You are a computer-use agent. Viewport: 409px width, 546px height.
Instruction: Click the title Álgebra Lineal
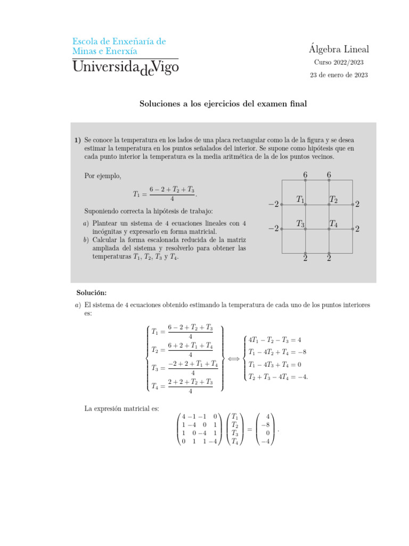[338, 50]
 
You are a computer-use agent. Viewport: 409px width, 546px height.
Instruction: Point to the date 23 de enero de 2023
[339, 75]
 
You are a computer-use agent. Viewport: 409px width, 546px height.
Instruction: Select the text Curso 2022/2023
[339, 63]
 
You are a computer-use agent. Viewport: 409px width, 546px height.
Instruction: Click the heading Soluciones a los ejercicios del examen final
[223, 105]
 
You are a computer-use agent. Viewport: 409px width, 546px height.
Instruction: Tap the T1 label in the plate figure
[300, 199]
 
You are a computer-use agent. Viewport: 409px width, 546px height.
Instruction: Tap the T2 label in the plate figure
[333, 199]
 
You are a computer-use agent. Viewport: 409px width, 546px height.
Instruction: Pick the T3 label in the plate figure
[300, 224]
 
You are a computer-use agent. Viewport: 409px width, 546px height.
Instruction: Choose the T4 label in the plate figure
[333, 224]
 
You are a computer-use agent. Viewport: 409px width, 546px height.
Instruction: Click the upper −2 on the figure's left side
[273, 204]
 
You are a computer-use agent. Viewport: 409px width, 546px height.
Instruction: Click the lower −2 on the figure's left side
[273, 229]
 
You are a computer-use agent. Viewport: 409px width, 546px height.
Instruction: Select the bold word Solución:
[91, 293]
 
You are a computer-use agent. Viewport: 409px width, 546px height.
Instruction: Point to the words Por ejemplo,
[103, 175]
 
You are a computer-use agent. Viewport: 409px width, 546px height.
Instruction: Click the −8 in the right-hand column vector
[266, 425]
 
